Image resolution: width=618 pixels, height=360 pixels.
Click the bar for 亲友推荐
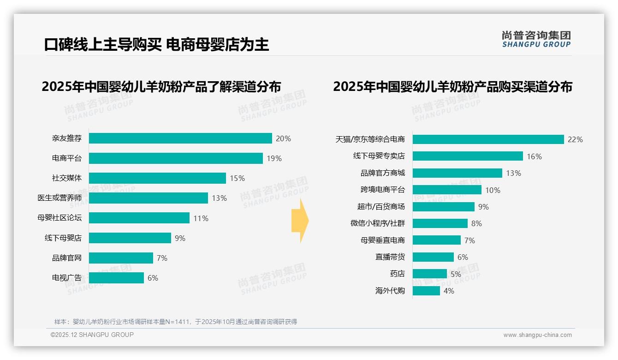click(x=180, y=138)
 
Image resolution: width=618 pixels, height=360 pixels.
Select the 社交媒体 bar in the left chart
click(x=157, y=178)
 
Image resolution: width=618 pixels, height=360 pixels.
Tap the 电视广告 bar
click(x=116, y=278)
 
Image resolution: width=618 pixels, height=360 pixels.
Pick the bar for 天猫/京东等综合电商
click(x=488, y=139)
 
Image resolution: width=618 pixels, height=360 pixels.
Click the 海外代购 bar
click(x=426, y=291)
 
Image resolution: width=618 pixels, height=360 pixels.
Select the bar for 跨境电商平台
click(x=447, y=190)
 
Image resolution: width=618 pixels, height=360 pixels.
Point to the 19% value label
click(x=274, y=158)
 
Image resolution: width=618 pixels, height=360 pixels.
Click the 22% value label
click(x=575, y=139)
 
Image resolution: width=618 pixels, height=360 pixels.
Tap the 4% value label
click(x=448, y=291)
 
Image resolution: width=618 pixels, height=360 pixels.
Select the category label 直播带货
click(x=390, y=257)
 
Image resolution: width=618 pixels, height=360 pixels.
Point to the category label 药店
click(x=397, y=274)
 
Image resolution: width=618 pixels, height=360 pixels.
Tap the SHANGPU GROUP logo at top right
click(x=536, y=39)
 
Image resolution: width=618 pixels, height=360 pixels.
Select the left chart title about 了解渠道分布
click(x=161, y=87)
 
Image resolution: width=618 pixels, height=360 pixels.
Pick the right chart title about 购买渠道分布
click(x=452, y=87)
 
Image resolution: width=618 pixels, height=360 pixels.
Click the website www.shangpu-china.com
click(x=537, y=335)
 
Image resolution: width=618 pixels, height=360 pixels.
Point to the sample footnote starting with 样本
click(x=176, y=322)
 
